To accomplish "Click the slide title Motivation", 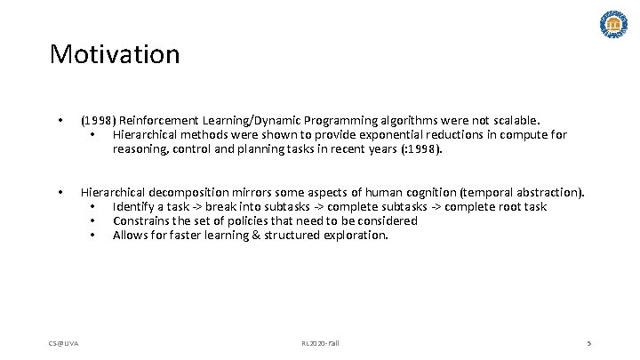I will [x=115, y=54].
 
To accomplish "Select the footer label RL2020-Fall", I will [x=319, y=342].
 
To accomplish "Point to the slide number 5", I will [x=588, y=342].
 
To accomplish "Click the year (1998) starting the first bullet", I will [x=98, y=120].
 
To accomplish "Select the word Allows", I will [x=131, y=236].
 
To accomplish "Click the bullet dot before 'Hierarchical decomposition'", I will [x=60, y=192].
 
